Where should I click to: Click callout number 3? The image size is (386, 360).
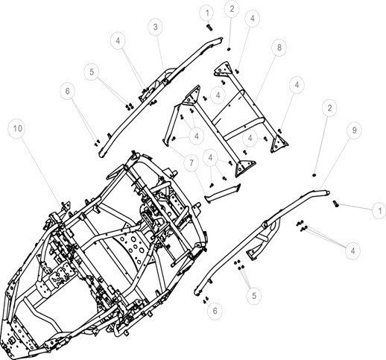(155, 27)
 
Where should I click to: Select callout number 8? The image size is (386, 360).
(279, 47)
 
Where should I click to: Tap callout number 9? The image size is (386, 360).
(354, 130)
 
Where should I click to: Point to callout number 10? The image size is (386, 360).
(18, 128)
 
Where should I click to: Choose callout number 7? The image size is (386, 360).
(192, 163)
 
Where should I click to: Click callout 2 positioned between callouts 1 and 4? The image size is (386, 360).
(232, 9)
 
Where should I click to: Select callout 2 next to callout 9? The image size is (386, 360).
(329, 108)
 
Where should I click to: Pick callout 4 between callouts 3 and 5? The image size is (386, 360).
(118, 40)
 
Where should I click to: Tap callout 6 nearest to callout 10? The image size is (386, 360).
(68, 91)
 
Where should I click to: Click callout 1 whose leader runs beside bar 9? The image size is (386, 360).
(379, 211)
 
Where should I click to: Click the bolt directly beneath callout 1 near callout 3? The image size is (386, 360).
(209, 27)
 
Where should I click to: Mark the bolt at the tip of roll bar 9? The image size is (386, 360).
(335, 204)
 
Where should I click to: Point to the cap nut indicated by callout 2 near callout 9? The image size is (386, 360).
(314, 175)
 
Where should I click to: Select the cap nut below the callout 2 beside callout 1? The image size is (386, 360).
(229, 49)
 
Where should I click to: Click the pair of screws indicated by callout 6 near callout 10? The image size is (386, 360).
(97, 142)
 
